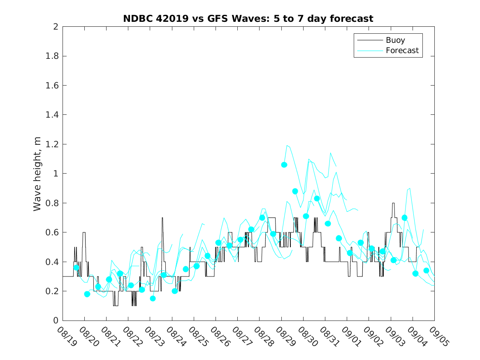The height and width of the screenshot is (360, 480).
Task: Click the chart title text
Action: click(x=248, y=19)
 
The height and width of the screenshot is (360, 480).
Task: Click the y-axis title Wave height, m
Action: click(x=37, y=174)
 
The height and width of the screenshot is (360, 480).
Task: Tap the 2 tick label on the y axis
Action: click(x=55, y=27)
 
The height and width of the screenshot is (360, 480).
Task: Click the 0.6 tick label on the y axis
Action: click(x=51, y=232)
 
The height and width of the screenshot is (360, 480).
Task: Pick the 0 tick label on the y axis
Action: click(x=55, y=321)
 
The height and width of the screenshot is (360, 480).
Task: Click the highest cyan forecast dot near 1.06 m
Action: click(x=284, y=165)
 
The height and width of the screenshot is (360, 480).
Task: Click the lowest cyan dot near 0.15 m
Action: click(x=153, y=298)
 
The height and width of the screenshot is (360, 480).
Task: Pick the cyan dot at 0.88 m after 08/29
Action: click(x=295, y=191)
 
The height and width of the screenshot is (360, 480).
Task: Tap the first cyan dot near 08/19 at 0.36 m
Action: click(x=76, y=267)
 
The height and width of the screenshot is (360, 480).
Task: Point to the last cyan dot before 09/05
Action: click(x=426, y=270)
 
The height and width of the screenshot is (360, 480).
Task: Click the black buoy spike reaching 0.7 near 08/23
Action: click(x=162, y=218)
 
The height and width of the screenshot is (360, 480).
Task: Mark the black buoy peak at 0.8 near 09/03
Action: click(x=393, y=203)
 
